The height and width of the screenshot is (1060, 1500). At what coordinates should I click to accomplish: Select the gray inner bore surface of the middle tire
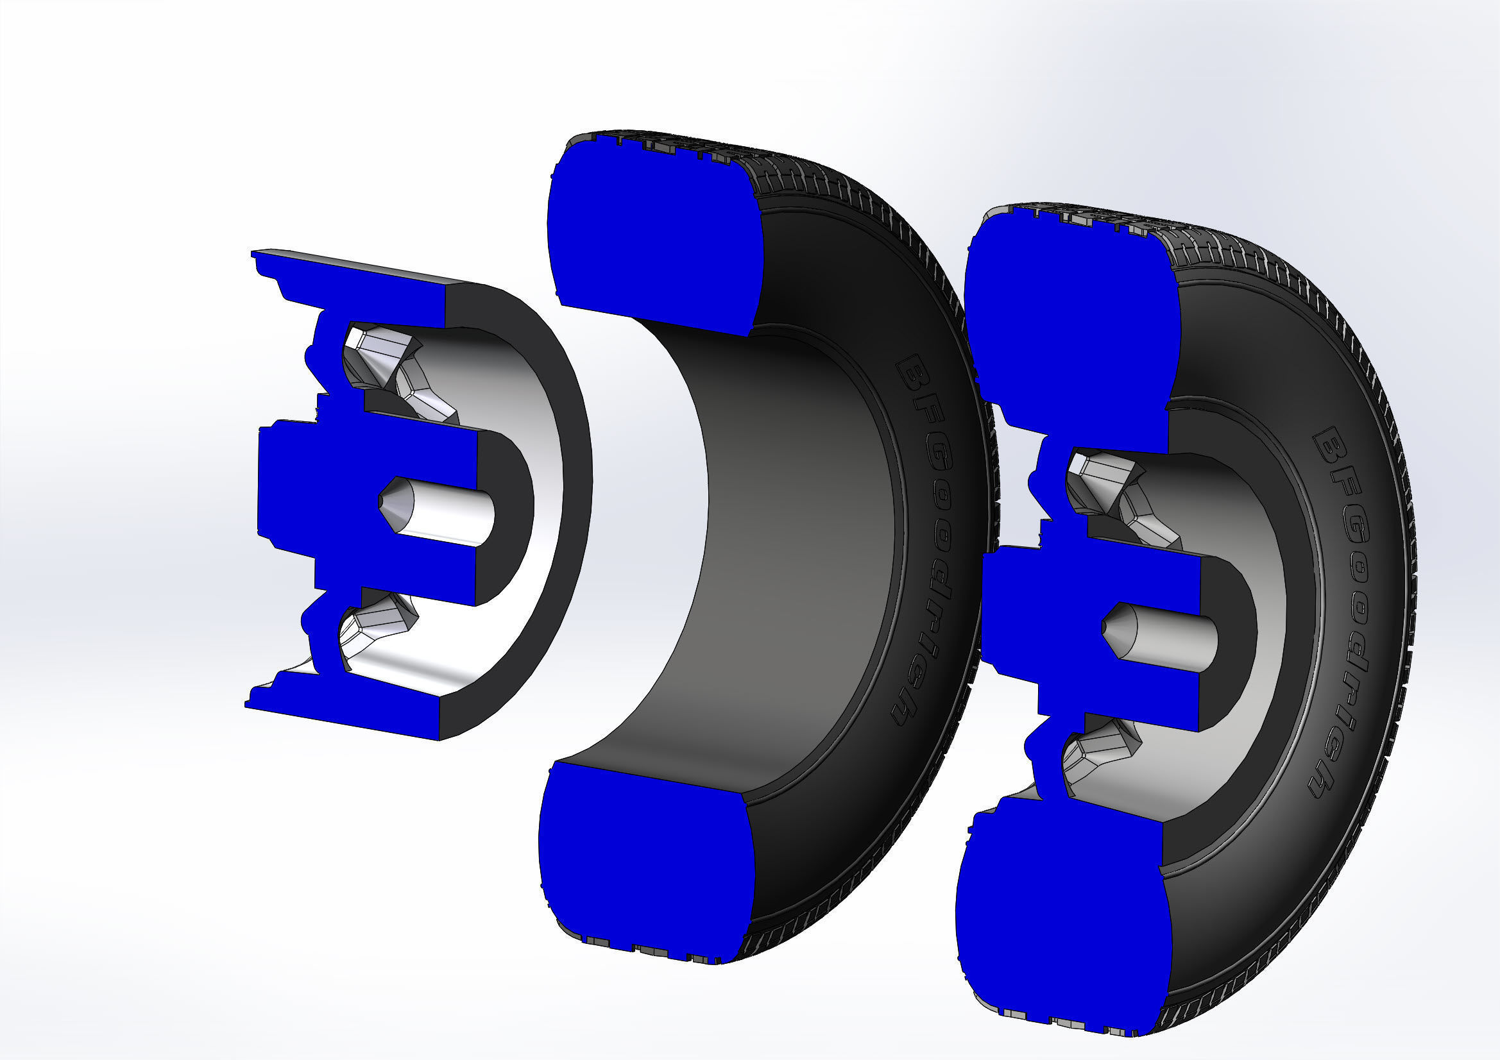tap(784, 542)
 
